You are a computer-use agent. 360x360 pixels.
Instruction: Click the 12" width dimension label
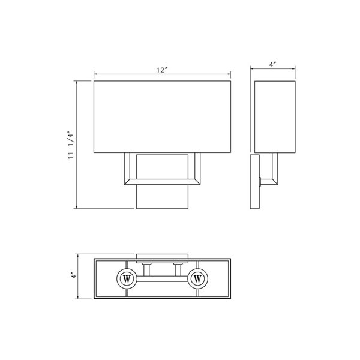point(161,71)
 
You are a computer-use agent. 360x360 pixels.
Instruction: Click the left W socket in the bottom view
point(127,279)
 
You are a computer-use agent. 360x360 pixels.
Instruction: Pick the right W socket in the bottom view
point(198,279)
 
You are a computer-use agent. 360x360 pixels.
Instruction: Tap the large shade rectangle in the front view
point(162,116)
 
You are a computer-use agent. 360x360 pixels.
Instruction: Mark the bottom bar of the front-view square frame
point(162,179)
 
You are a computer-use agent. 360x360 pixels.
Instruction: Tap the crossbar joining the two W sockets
point(162,279)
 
